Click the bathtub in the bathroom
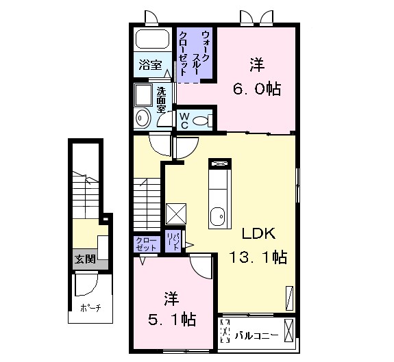coord(152,40)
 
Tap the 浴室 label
coord(151,65)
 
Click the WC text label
coord(184,120)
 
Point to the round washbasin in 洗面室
coord(143,117)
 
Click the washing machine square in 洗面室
coord(143,95)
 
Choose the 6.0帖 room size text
coord(257,88)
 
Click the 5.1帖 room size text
coord(171,320)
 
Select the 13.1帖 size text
coord(258,257)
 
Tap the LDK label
coord(258,233)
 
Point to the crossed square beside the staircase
coord(176,214)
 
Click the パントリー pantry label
coord(173,241)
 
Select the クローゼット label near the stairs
coord(146,244)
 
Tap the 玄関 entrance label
coord(86,259)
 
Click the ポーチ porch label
coord(90,307)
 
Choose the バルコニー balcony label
coord(256,335)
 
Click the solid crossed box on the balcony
coord(289,330)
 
